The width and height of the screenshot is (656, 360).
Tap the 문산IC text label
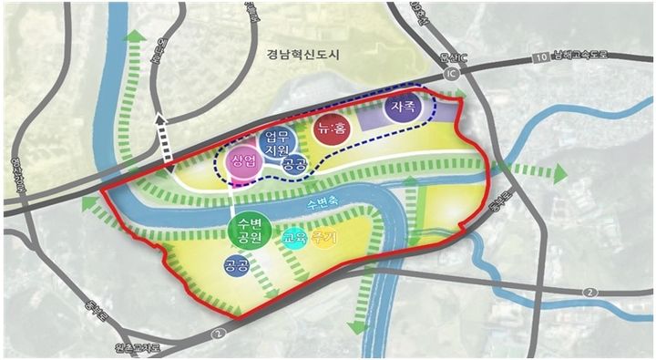coord(452,57)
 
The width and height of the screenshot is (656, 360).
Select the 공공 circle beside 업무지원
coord(292,165)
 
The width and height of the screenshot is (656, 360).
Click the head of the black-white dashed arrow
coord(161,118)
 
